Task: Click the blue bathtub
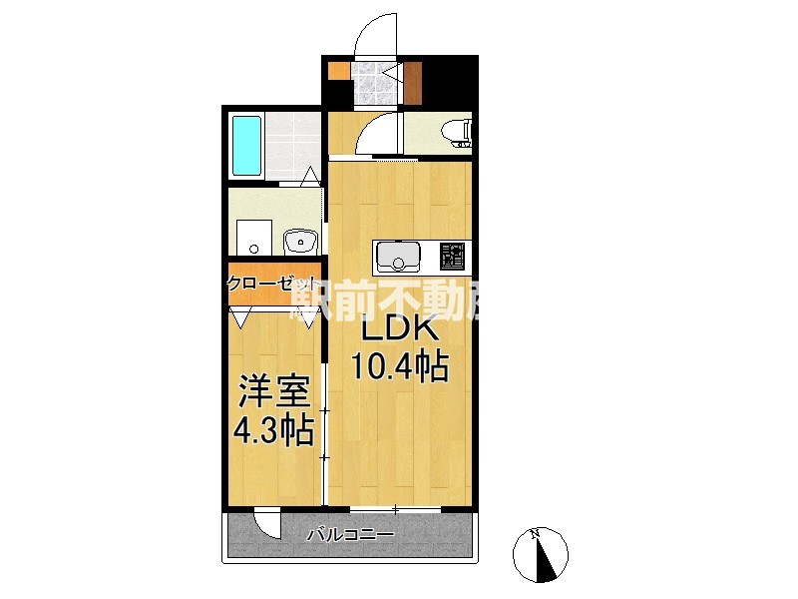245,146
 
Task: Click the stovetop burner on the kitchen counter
451,257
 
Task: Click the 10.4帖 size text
398,367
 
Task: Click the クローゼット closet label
271,283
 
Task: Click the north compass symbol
541,555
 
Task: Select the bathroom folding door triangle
311,178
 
